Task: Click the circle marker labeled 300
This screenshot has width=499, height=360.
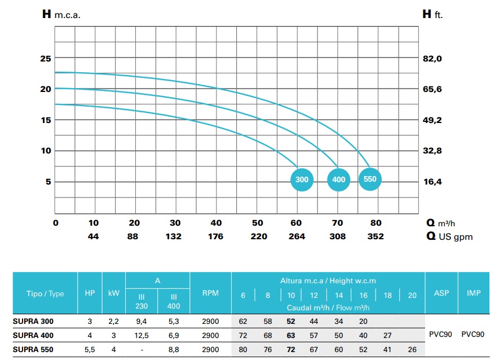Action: [302, 180]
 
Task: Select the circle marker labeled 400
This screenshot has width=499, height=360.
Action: [338, 180]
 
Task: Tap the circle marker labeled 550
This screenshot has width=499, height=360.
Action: [370, 179]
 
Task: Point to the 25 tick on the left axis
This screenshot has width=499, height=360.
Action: [45, 59]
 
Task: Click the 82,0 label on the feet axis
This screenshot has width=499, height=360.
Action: [432, 59]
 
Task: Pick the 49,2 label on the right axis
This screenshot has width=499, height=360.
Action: [432, 120]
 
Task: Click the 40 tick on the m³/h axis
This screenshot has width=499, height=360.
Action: [216, 223]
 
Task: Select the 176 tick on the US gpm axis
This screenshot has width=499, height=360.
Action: [216, 236]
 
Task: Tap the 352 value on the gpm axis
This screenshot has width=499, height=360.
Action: [376, 236]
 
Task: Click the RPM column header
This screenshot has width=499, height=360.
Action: [210, 293]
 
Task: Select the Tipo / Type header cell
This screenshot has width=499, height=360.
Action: [45, 293]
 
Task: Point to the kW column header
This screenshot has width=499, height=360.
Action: [113, 293]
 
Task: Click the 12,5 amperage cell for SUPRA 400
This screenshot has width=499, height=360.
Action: [142, 335]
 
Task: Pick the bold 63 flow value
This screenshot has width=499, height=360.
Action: [291, 335]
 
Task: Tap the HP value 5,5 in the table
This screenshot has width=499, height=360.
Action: [89, 350]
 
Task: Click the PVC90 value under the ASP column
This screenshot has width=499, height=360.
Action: [441, 335]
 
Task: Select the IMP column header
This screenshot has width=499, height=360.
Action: [474, 293]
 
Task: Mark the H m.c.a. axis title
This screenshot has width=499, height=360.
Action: [61, 15]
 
